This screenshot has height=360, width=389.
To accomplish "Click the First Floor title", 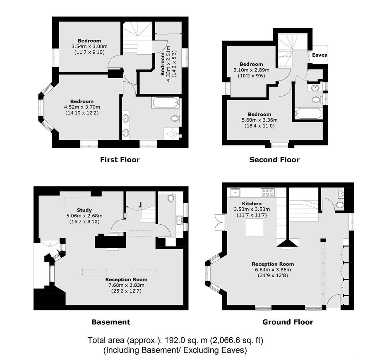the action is [120, 160].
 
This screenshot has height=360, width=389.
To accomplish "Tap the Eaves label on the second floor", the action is [319, 55].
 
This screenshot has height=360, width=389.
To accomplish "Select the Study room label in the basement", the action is [84, 210].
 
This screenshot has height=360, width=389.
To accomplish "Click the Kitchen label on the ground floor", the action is [252, 204].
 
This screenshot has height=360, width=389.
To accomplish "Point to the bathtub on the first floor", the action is [166, 103].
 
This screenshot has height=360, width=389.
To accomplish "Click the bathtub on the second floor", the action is [308, 114].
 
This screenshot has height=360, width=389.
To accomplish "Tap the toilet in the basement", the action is [170, 198].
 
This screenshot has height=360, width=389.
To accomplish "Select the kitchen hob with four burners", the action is [267, 192].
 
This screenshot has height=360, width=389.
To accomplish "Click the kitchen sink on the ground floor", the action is [235, 192].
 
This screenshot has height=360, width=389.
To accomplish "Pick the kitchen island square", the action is [254, 228].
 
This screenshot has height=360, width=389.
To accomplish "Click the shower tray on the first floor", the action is [171, 134].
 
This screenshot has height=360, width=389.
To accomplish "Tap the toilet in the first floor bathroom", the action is [175, 118].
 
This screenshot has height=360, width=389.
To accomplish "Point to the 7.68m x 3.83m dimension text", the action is [127, 286].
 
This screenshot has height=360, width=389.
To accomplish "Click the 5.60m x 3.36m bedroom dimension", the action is [259, 120].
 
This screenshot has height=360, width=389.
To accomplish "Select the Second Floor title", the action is [274, 160].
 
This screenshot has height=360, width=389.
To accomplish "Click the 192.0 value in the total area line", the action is [177, 340].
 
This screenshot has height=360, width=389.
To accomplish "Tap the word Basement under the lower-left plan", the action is [111, 322].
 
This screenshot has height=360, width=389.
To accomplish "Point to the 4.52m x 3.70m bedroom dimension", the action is [82, 107].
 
